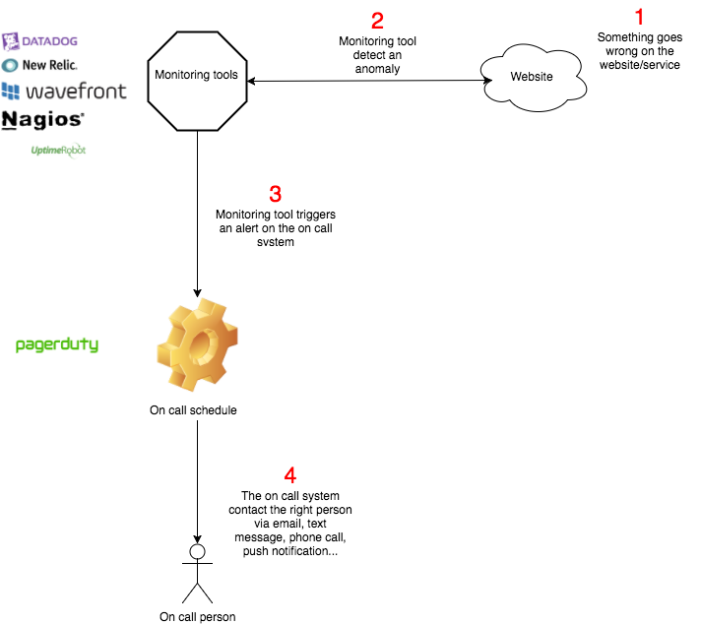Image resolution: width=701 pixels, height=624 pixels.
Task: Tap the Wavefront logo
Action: (64, 92)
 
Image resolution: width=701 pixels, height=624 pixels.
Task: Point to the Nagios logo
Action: (43, 120)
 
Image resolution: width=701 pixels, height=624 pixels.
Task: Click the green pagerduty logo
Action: (57, 345)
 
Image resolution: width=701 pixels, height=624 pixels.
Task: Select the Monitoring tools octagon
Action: (197, 75)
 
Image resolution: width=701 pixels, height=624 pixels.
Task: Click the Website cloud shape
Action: (531, 75)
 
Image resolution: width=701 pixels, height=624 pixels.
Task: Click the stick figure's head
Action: (197, 552)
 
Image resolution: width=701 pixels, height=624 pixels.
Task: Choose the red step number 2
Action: (377, 20)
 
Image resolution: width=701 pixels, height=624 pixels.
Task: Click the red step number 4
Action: (288, 475)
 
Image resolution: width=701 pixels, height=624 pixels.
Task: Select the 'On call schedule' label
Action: (193, 410)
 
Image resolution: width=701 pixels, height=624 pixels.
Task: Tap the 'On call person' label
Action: (198, 617)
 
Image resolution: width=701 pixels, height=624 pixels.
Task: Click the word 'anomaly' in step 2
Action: (377, 69)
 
